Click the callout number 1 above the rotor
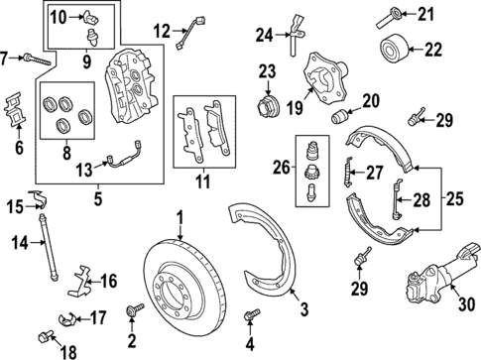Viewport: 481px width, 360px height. (180, 217)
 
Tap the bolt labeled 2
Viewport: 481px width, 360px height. (131, 313)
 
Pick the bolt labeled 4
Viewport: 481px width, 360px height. (249, 316)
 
